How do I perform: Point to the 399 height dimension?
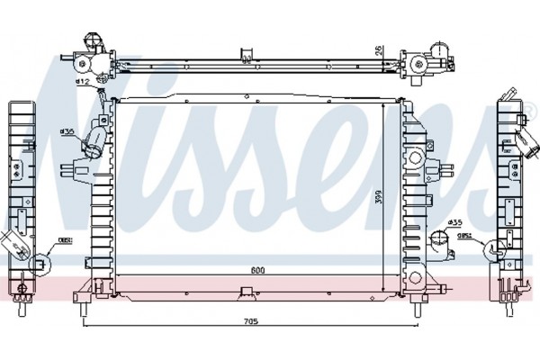(x=381, y=197)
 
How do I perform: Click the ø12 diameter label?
(x=82, y=82)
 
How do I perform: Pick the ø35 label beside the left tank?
(x=67, y=131)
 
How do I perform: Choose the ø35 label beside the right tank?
(x=455, y=221)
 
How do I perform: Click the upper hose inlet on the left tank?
(x=94, y=144)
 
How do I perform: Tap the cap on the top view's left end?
(x=90, y=44)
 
